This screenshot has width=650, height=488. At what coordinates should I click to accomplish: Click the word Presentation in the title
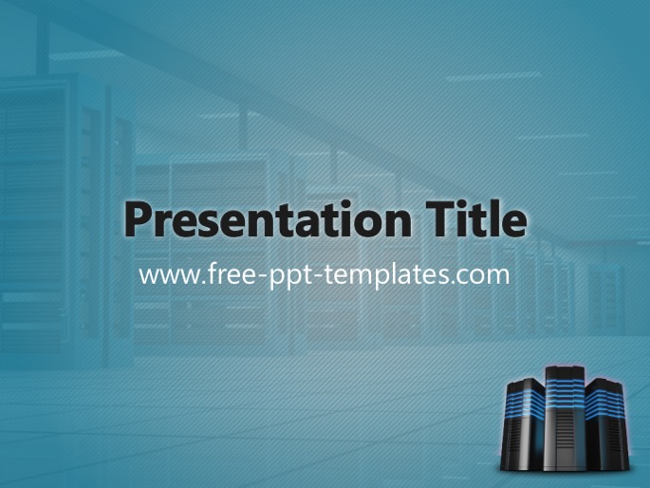coord(269,218)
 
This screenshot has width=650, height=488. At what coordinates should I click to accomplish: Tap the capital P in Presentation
coord(138,219)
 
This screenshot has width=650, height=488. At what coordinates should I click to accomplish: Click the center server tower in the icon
coord(565,418)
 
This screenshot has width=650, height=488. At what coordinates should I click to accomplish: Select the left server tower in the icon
coord(523,426)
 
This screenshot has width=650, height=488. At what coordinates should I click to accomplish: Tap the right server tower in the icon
coord(607,424)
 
